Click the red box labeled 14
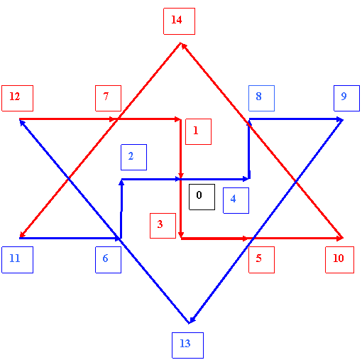pyautogui.click(x=179, y=21)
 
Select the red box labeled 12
pyautogui.click(x=17, y=98)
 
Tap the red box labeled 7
pyautogui.click(x=108, y=98)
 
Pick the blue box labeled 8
pyautogui.click(x=261, y=98)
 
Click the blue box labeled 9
pyautogui.click(x=346, y=98)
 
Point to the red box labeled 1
pyautogui.click(x=198, y=131)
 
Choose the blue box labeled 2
pyautogui.click(x=133, y=157)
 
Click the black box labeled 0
pyautogui.click(x=202, y=197)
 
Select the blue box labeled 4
pyautogui.click(x=236, y=200)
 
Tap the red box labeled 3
pyautogui.click(x=163, y=226)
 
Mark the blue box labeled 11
pyautogui.click(x=17, y=260)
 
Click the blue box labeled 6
pyautogui.click(x=108, y=260)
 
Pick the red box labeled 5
pyautogui.click(x=261, y=260)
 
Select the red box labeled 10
pyautogui.click(x=339, y=260)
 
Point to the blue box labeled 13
pyautogui.click(x=187, y=345)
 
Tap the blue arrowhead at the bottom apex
pyautogui.click(x=192, y=320)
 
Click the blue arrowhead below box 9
pyautogui.click(x=340, y=120)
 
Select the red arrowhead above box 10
pyautogui.click(x=340, y=238)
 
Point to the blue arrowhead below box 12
pyautogui.click(x=22, y=123)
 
